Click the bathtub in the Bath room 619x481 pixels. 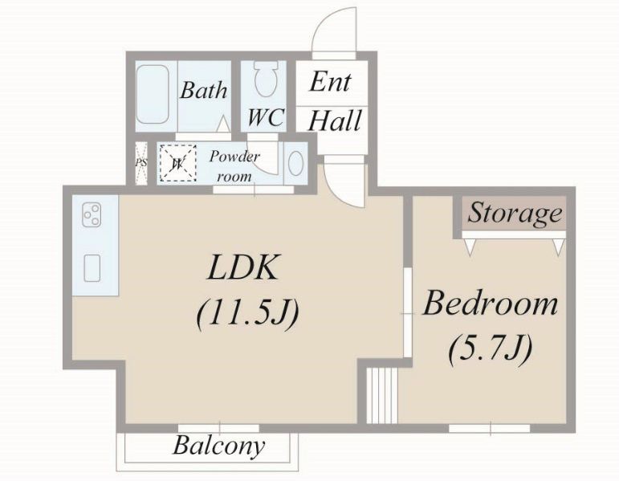coord(153,95)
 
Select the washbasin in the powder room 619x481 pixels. coord(295,163)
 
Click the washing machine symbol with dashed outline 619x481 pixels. coord(177,163)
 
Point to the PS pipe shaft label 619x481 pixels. coord(141,163)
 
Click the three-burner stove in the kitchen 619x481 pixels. coord(92,215)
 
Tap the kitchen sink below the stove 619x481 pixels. coord(92,268)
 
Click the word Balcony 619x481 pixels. coord(218,446)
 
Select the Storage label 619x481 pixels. coord(515,214)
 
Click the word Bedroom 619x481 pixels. coord(491,304)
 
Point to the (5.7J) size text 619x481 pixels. coord(491,348)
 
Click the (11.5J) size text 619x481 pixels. coord(247,313)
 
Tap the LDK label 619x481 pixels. coord(242,267)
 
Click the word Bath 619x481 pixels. coord(204,90)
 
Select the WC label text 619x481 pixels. coord(266,117)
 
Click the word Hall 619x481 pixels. coord(335,120)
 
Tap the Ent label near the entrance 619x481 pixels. coord(330,82)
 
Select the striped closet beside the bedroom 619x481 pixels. coord(382,396)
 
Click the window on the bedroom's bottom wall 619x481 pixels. coord(490,429)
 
